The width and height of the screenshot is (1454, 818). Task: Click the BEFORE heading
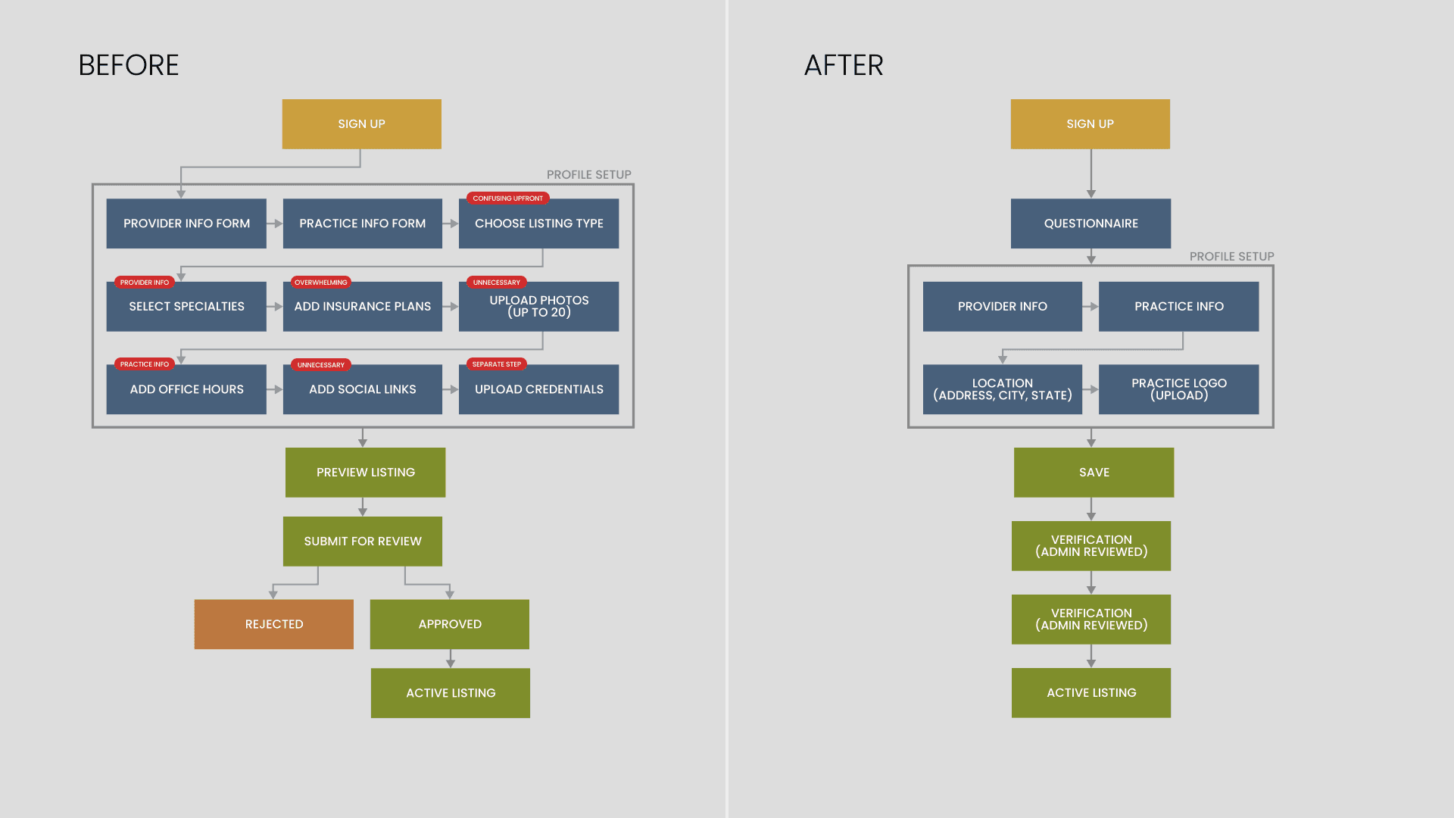point(129,66)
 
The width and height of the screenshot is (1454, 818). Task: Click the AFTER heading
point(844,66)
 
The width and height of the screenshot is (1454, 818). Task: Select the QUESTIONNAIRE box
point(1090,223)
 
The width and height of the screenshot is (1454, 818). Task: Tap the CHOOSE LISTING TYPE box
point(538,224)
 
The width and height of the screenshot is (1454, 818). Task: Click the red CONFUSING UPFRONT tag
point(507,198)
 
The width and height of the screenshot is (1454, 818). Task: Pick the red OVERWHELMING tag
point(320,283)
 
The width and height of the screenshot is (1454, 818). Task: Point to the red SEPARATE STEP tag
point(496,364)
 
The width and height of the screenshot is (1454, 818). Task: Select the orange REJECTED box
point(273,624)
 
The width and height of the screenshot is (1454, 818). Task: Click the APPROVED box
point(449,624)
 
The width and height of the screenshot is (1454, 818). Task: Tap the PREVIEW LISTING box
point(365,473)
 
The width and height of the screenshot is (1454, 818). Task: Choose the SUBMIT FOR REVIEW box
point(362,542)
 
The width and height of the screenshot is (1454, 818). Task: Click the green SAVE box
point(1094,473)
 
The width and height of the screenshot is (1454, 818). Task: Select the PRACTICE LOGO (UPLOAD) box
point(1178,389)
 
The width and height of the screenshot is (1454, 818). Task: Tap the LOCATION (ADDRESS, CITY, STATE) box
point(1002,389)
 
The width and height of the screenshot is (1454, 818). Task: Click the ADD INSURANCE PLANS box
point(362,307)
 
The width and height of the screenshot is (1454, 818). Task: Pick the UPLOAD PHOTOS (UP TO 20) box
point(538,307)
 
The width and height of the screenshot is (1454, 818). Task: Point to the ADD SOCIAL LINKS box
point(362,389)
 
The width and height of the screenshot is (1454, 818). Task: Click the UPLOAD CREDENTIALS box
point(538,389)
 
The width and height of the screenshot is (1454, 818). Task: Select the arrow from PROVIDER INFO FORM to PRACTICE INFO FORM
point(274,223)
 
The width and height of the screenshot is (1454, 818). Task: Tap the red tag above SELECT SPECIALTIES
point(144,283)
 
